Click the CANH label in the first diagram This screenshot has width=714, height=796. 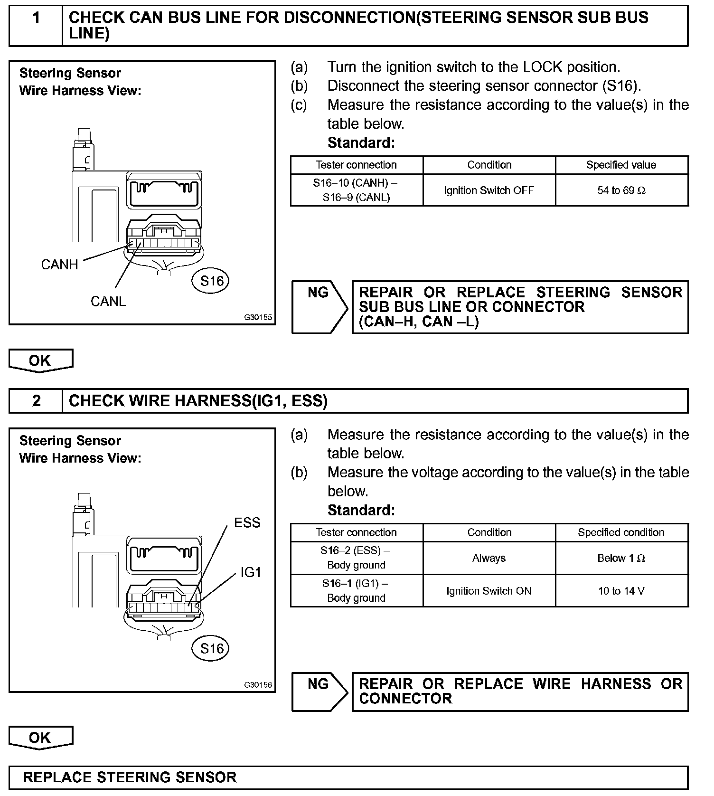[59, 265]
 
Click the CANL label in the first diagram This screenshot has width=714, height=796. [108, 301]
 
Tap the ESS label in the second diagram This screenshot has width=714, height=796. [247, 522]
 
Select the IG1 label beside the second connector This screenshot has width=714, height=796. [251, 572]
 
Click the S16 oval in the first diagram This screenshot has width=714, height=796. [211, 281]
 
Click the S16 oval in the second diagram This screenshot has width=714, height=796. [211, 648]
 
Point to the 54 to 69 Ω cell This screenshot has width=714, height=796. [621, 190]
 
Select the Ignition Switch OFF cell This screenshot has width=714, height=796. [489, 190]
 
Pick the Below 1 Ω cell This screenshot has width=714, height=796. [621, 558]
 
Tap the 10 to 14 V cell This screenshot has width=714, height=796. [621, 591]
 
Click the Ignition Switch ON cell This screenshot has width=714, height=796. [489, 591]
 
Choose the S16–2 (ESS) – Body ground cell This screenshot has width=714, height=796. [356, 558]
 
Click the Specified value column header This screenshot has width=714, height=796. [621, 165]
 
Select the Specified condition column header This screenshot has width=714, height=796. [621, 532]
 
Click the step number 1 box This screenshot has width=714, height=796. [36, 26]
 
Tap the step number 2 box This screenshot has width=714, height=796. [36, 401]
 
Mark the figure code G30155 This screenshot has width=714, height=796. [258, 317]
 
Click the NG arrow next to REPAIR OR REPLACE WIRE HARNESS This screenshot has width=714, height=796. [319, 692]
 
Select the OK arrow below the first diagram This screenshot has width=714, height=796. [40, 360]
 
